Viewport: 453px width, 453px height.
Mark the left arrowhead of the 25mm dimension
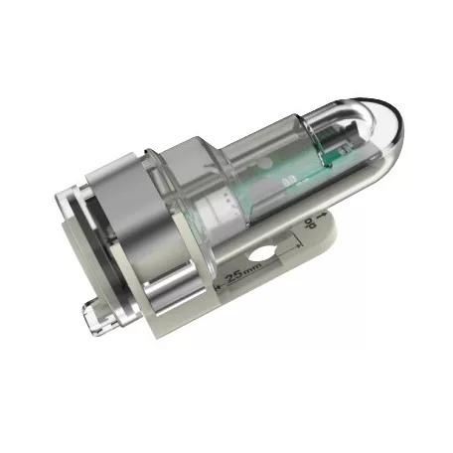pos(217,283)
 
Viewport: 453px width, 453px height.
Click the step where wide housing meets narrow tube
pos(215,149)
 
